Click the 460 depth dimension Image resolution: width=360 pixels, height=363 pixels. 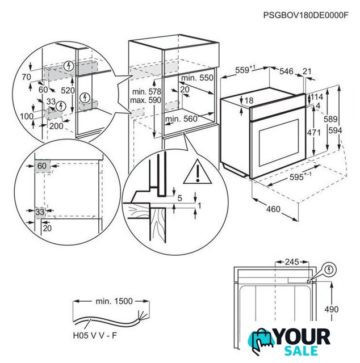tap(273, 210)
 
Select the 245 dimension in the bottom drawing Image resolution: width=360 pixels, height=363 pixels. tap(292, 262)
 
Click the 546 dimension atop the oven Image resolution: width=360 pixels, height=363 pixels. tap(287, 71)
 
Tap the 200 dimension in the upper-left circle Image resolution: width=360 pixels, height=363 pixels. tap(56, 126)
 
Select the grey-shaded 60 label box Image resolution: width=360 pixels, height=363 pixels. tap(42, 166)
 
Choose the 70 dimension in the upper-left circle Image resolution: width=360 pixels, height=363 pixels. tap(26, 75)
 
